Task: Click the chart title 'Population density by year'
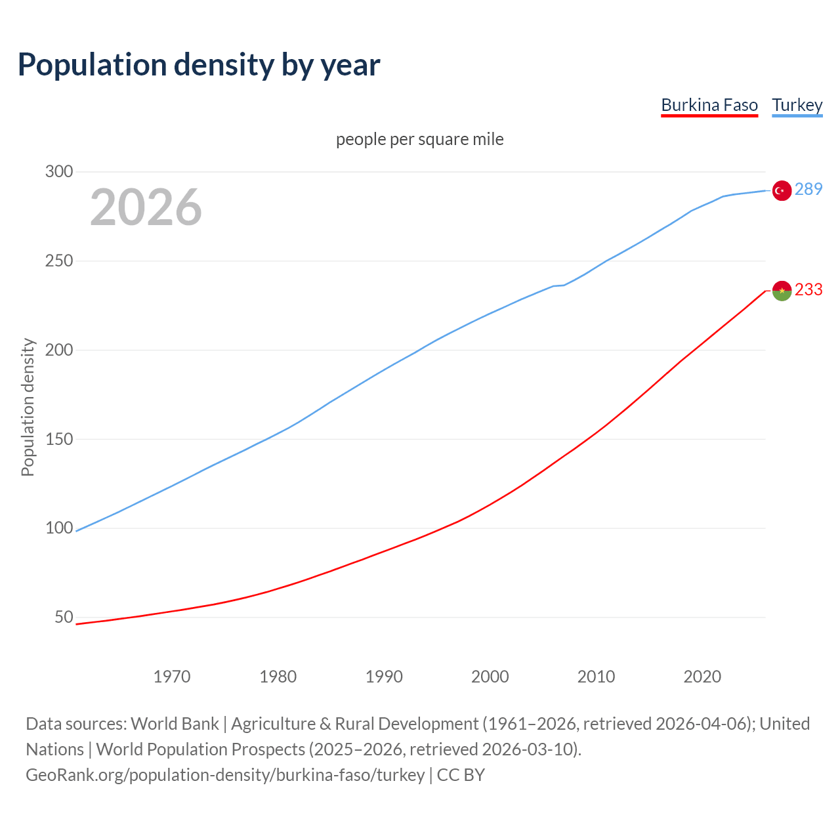199,64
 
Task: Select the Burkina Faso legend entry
709,105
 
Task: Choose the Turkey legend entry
797,105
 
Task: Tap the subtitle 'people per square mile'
420,139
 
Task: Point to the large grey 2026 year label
146,207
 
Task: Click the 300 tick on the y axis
59,172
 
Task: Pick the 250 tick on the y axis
59,261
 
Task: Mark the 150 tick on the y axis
59,439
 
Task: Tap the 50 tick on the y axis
64,618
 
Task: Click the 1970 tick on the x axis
172,677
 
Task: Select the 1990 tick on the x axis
384,677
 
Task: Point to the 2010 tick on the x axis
596,677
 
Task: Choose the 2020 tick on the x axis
702,677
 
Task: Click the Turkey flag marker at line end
781,190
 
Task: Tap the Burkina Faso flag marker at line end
781,290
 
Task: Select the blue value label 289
808,190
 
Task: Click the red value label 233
808,290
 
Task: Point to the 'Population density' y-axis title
28,407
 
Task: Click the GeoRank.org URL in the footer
225,775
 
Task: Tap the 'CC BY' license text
461,775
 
